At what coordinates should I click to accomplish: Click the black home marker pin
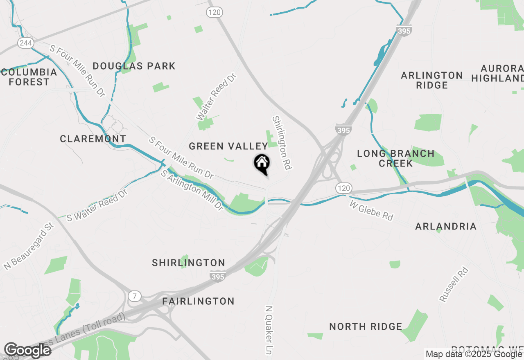[262, 164]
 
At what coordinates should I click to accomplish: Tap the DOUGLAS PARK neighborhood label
[134, 66]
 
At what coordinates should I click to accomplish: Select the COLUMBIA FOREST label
[29, 77]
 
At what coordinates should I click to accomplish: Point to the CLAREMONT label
[93, 139]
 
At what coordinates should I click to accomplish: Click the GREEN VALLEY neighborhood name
[228, 146]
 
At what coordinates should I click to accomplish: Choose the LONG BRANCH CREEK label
[395, 158]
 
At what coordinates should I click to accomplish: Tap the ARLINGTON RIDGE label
[432, 80]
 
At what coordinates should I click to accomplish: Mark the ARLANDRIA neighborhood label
[446, 226]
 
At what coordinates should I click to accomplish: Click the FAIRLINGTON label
[199, 301]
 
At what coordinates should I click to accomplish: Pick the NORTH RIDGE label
[366, 326]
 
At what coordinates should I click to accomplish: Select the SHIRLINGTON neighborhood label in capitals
[188, 263]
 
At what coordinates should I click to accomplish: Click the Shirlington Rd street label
[282, 143]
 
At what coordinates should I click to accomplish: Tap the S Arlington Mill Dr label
[192, 191]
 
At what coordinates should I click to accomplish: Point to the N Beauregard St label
[29, 246]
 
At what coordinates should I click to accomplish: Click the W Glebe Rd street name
[371, 210]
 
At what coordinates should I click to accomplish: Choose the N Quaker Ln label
[269, 330]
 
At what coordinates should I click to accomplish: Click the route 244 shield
[25, 43]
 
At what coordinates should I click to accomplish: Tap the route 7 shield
[133, 296]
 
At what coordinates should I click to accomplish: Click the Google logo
[28, 350]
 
